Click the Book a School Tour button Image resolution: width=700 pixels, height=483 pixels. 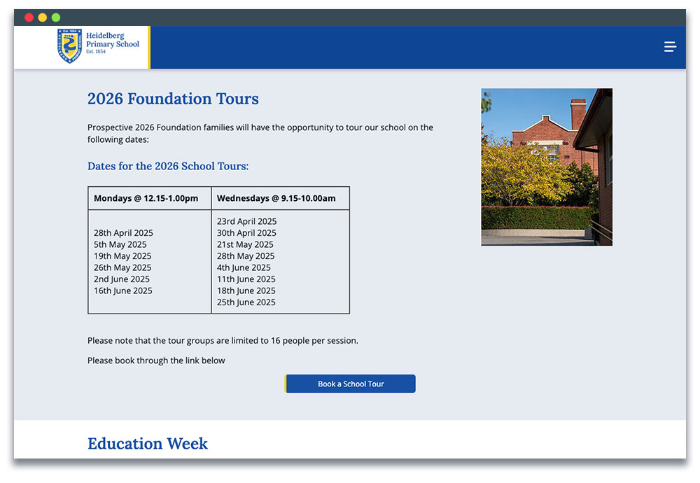[351, 384]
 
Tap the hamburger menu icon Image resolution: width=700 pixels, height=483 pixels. [670, 47]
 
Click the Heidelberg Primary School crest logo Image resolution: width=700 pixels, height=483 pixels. [69, 46]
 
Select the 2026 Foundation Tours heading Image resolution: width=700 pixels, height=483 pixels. [173, 99]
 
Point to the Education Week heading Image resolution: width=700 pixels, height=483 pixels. [148, 444]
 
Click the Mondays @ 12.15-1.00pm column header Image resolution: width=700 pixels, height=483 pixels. [146, 198]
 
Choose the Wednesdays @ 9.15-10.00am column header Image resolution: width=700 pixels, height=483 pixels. [276, 198]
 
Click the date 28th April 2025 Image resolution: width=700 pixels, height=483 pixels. [123, 233]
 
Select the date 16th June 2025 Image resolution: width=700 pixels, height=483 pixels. [123, 290]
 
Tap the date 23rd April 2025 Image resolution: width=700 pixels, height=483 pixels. [246, 221]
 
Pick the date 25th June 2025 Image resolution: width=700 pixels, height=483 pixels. [246, 302]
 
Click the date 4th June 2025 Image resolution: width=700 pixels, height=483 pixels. [244, 267]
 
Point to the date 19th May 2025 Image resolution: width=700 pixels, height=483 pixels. [122, 256]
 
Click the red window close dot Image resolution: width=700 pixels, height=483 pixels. [29, 17]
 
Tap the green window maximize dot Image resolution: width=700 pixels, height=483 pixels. [56, 17]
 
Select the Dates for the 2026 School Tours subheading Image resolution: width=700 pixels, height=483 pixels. [168, 167]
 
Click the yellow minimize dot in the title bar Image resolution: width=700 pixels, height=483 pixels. [43, 17]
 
